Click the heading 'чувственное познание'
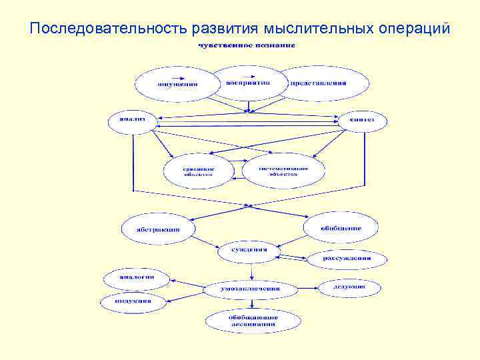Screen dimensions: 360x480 pyautogui.click(x=246, y=45)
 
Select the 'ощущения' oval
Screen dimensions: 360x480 pyautogui.click(x=176, y=85)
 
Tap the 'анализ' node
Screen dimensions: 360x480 pyautogui.click(x=131, y=120)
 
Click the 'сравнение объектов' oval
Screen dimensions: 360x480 pyautogui.click(x=199, y=171)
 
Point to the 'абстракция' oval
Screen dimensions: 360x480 pyautogui.click(x=159, y=229)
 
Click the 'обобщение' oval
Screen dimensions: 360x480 pyautogui.click(x=341, y=228)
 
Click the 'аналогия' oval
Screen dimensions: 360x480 pyautogui.click(x=136, y=277)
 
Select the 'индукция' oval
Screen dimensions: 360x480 pyautogui.click(x=133, y=301)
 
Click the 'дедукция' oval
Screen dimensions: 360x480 pyautogui.click(x=349, y=287)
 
